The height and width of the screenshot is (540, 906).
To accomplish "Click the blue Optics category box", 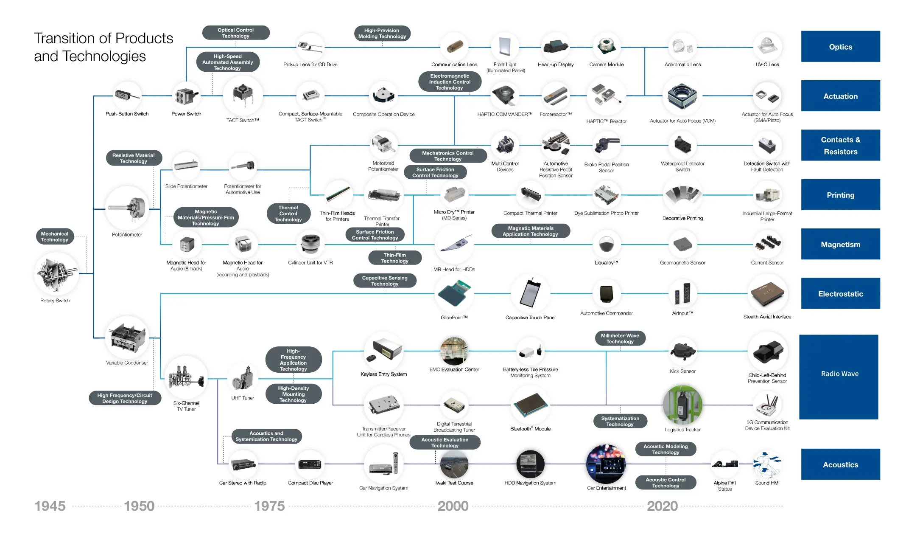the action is (840, 46).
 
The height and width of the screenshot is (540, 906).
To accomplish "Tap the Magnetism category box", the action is (840, 244).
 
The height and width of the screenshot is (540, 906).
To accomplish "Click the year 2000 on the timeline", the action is (453, 506).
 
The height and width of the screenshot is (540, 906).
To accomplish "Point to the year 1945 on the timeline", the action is (50, 506).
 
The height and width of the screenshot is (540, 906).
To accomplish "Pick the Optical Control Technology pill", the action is (236, 33).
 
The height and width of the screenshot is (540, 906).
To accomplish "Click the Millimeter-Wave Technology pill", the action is (620, 338).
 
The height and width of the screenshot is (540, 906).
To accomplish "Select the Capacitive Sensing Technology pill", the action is (385, 281).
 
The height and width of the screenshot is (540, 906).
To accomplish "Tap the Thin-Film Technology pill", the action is (394, 258).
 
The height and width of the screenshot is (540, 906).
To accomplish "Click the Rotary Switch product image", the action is (56, 274).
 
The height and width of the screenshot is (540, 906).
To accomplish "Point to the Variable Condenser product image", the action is (127, 337).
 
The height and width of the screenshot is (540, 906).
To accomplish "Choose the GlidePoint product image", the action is (454, 293).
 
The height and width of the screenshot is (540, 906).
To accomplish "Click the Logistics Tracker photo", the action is (682, 405).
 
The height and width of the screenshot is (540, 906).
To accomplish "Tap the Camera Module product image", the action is (607, 46).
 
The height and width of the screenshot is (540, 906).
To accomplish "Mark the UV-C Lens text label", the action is (767, 65).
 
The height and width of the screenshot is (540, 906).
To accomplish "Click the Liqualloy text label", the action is (606, 263).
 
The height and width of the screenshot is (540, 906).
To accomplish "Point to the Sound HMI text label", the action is (767, 483).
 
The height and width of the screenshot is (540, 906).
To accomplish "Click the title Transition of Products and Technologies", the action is (103, 47).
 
